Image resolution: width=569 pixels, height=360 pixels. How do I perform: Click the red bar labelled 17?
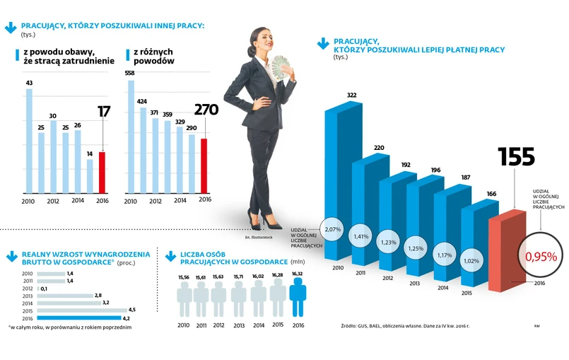point(102,172)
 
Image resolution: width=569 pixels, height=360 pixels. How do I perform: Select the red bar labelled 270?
point(205,166)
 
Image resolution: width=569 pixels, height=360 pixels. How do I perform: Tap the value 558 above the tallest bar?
point(129,74)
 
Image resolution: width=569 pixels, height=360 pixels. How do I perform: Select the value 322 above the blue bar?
point(351,95)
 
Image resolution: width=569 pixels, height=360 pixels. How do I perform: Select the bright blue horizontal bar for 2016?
point(81,318)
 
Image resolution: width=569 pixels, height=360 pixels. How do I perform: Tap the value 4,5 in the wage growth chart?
point(132,310)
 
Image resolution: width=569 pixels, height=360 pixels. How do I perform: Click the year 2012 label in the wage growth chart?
point(28,289)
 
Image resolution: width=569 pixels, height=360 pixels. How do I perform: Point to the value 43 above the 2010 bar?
point(29,83)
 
